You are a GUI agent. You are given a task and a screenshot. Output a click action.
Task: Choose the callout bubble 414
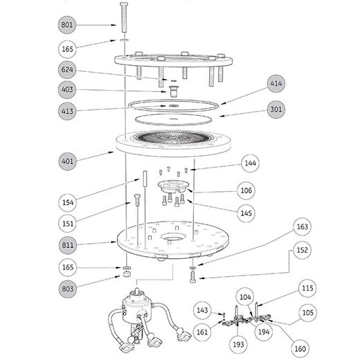click(276, 84)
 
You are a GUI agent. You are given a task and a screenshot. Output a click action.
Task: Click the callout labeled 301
click(276, 110)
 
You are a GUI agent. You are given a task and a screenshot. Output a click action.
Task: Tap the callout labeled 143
click(203, 309)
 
